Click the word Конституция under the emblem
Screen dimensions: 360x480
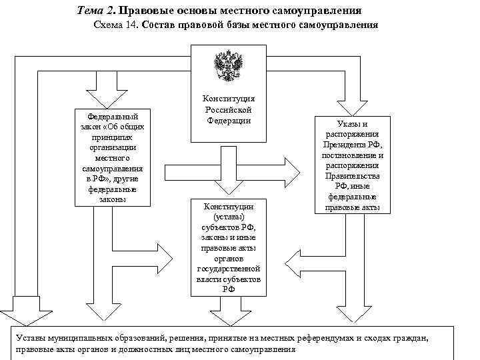pyautogui.click(x=229, y=99)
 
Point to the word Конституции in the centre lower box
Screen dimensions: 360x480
pyautogui.click(x=228, y=207)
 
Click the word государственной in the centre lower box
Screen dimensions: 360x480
pyautogui.click(x=228, y=269)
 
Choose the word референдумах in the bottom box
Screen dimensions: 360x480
pyautogui.click(x=329, y=338)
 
